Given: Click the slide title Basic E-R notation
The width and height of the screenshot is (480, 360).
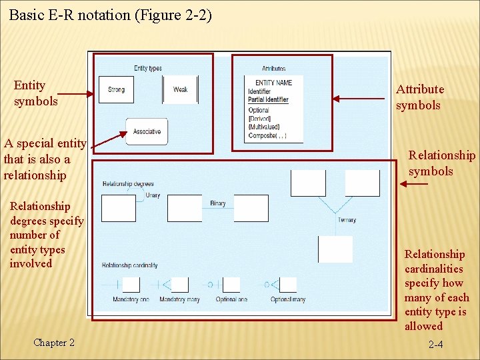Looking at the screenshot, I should click(x=110, y=15).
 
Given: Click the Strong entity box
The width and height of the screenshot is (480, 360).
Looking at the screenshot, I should click(x=116, y=90).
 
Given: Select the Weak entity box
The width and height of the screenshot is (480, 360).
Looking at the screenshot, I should click(x=180, y=90).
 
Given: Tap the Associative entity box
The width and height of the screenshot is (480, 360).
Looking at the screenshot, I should click(x=147, y=132).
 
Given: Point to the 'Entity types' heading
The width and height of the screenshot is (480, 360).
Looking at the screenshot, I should click(x=148, y=68).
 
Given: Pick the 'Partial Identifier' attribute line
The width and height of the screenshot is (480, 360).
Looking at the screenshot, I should click(x=268, y=100).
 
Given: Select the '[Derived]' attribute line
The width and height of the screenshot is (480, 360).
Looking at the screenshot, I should click(x=259, y=118).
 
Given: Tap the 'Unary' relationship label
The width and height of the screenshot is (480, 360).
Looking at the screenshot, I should click(x=152, y=195).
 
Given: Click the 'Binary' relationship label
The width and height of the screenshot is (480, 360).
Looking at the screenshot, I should click(x=217, y=203).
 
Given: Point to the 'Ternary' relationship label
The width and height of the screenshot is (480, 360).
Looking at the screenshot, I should click(x=347, y=220).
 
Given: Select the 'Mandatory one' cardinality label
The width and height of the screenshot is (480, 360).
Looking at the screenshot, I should click(x=131, y=300).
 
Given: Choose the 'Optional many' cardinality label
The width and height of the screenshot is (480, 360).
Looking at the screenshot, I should click(x=288, y=300).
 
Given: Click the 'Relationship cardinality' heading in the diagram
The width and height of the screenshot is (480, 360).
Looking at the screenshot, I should click(x=129, y=265).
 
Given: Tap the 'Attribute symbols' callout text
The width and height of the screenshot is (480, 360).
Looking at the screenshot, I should click(x=420, y=97).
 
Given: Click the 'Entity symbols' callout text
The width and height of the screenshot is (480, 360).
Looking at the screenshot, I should click(x=35, y=93).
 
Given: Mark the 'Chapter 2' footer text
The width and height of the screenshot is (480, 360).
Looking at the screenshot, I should click(x=54, y=343).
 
